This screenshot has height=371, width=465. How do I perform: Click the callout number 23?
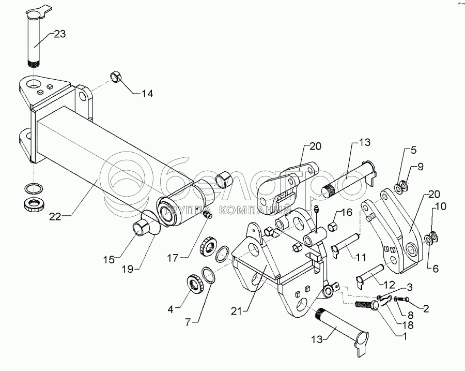59,34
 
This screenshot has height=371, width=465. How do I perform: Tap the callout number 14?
147,94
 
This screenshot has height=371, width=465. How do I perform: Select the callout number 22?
55,216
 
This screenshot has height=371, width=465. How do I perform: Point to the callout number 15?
109,260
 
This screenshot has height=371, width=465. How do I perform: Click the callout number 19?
128,269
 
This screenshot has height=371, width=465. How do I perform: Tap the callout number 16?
346,212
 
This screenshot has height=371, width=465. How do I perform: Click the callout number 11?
361,257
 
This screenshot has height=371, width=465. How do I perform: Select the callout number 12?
389,285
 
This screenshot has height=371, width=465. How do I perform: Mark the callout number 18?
408,325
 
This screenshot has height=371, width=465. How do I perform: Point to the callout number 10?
441,206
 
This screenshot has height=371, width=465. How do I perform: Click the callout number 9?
421,167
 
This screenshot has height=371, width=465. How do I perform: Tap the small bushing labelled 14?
116,76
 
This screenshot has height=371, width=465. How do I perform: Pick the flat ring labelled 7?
209,275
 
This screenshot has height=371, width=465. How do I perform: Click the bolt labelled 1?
366,305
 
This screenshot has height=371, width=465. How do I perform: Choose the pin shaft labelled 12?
370,274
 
